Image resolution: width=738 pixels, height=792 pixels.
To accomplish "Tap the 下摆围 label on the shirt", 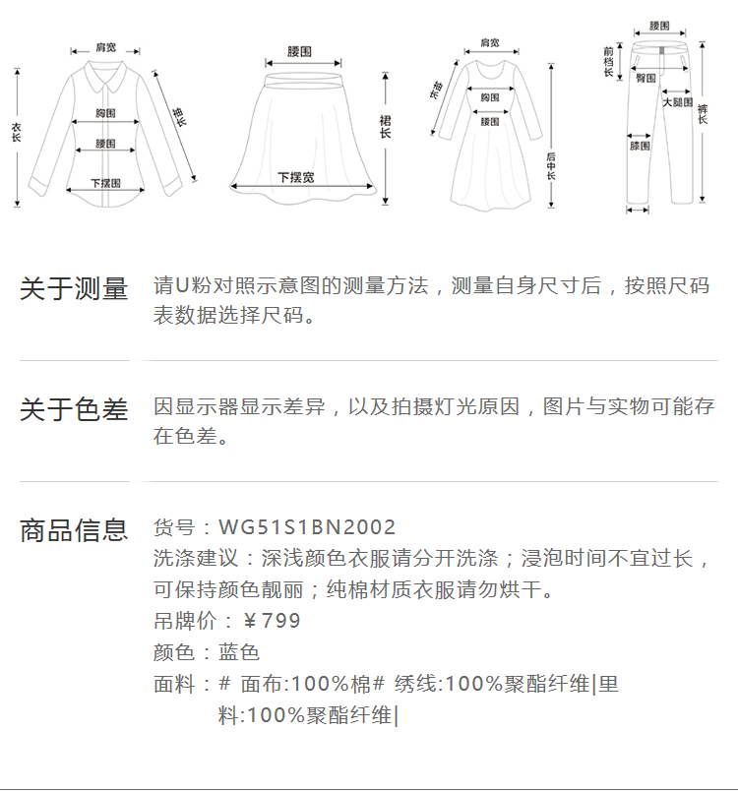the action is pos(105,183).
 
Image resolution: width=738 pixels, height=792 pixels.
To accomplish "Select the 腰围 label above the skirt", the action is pos(300,51).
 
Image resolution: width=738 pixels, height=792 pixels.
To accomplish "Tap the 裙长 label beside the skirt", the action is pos(385,126).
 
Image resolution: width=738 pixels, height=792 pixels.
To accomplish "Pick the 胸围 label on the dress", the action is pos(489,97).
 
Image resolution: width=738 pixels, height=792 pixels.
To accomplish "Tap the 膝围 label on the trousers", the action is pos(640,147).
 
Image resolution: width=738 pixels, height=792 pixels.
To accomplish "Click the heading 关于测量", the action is pos(74,289).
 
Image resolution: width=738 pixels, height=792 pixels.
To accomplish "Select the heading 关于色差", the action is pos(74,409).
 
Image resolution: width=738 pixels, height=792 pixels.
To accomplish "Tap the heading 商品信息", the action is pos(74,530).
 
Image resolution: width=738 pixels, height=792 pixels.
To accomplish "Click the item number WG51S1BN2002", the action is pos(307,528).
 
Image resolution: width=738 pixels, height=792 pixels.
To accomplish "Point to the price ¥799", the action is pos(272,621).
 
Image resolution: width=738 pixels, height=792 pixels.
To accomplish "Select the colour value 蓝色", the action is pos(239,652).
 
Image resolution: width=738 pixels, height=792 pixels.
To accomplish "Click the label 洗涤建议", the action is pos(197,559).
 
